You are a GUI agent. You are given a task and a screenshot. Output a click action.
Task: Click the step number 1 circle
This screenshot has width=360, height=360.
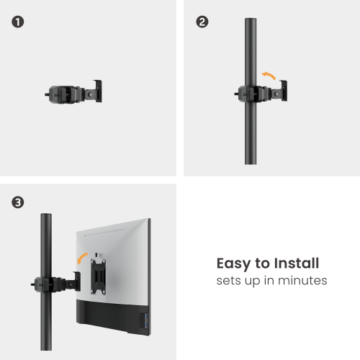(18, 22)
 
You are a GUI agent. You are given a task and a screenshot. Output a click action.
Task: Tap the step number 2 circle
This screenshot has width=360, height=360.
(202, 22)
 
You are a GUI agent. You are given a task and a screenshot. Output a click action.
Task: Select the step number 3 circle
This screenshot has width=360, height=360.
(18, 203)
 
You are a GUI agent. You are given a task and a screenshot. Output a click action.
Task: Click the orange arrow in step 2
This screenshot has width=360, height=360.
(269, 74)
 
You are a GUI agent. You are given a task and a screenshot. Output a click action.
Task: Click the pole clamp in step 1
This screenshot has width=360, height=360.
(62, 94)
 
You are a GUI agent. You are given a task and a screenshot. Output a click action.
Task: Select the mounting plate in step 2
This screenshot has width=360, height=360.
(286, 89)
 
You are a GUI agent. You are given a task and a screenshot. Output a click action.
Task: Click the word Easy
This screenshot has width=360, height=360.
(234, 264)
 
